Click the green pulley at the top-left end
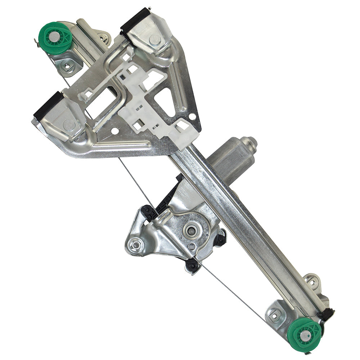(55, 37)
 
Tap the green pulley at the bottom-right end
(305, 335)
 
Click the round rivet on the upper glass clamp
(155, 40)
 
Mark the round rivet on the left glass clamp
(69, 125)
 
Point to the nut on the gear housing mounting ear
(135, 246)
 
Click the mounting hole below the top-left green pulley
(68, 66)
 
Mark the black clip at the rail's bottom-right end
(328, 314)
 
